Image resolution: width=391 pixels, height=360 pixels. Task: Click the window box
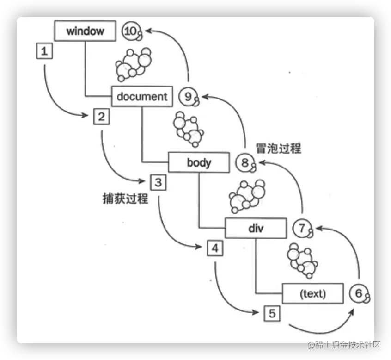85,31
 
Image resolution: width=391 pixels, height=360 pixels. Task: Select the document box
142,97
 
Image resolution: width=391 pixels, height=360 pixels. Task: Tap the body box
199,162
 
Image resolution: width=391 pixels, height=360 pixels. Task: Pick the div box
256,228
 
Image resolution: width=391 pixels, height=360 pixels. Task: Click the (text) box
312,293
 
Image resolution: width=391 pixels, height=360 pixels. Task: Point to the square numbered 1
44,51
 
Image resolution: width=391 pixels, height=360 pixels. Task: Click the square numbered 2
101,117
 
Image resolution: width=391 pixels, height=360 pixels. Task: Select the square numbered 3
158,182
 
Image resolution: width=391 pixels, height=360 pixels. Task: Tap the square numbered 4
215,248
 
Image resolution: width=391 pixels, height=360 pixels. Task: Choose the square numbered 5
272,314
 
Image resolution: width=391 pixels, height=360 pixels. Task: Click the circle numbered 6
359,293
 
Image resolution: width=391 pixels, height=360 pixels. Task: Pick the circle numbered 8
244,162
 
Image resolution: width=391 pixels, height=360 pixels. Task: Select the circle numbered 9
188,97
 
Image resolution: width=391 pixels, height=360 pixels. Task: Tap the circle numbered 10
131,31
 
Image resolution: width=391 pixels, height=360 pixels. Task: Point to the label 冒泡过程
278,149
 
